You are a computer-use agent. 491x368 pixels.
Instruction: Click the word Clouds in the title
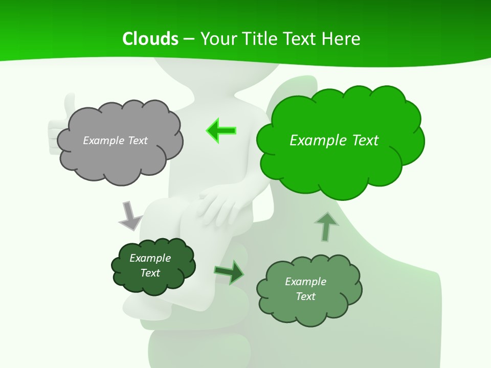[150, 39]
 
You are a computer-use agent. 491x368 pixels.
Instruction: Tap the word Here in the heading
[341, 39]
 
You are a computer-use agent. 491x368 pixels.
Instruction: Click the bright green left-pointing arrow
[221, 130]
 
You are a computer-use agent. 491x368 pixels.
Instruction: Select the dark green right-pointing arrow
[229, 272]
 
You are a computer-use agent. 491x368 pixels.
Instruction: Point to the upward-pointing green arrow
[326, 226]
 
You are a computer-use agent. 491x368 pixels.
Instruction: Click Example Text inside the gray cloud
[115, 141]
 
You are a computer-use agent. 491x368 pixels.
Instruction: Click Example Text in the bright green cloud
[334, 140]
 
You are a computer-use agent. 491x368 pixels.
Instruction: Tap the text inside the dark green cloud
[150, 265]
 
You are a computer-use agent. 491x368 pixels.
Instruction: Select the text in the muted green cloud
[305, 289]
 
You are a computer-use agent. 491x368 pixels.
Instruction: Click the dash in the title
[189, 39]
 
